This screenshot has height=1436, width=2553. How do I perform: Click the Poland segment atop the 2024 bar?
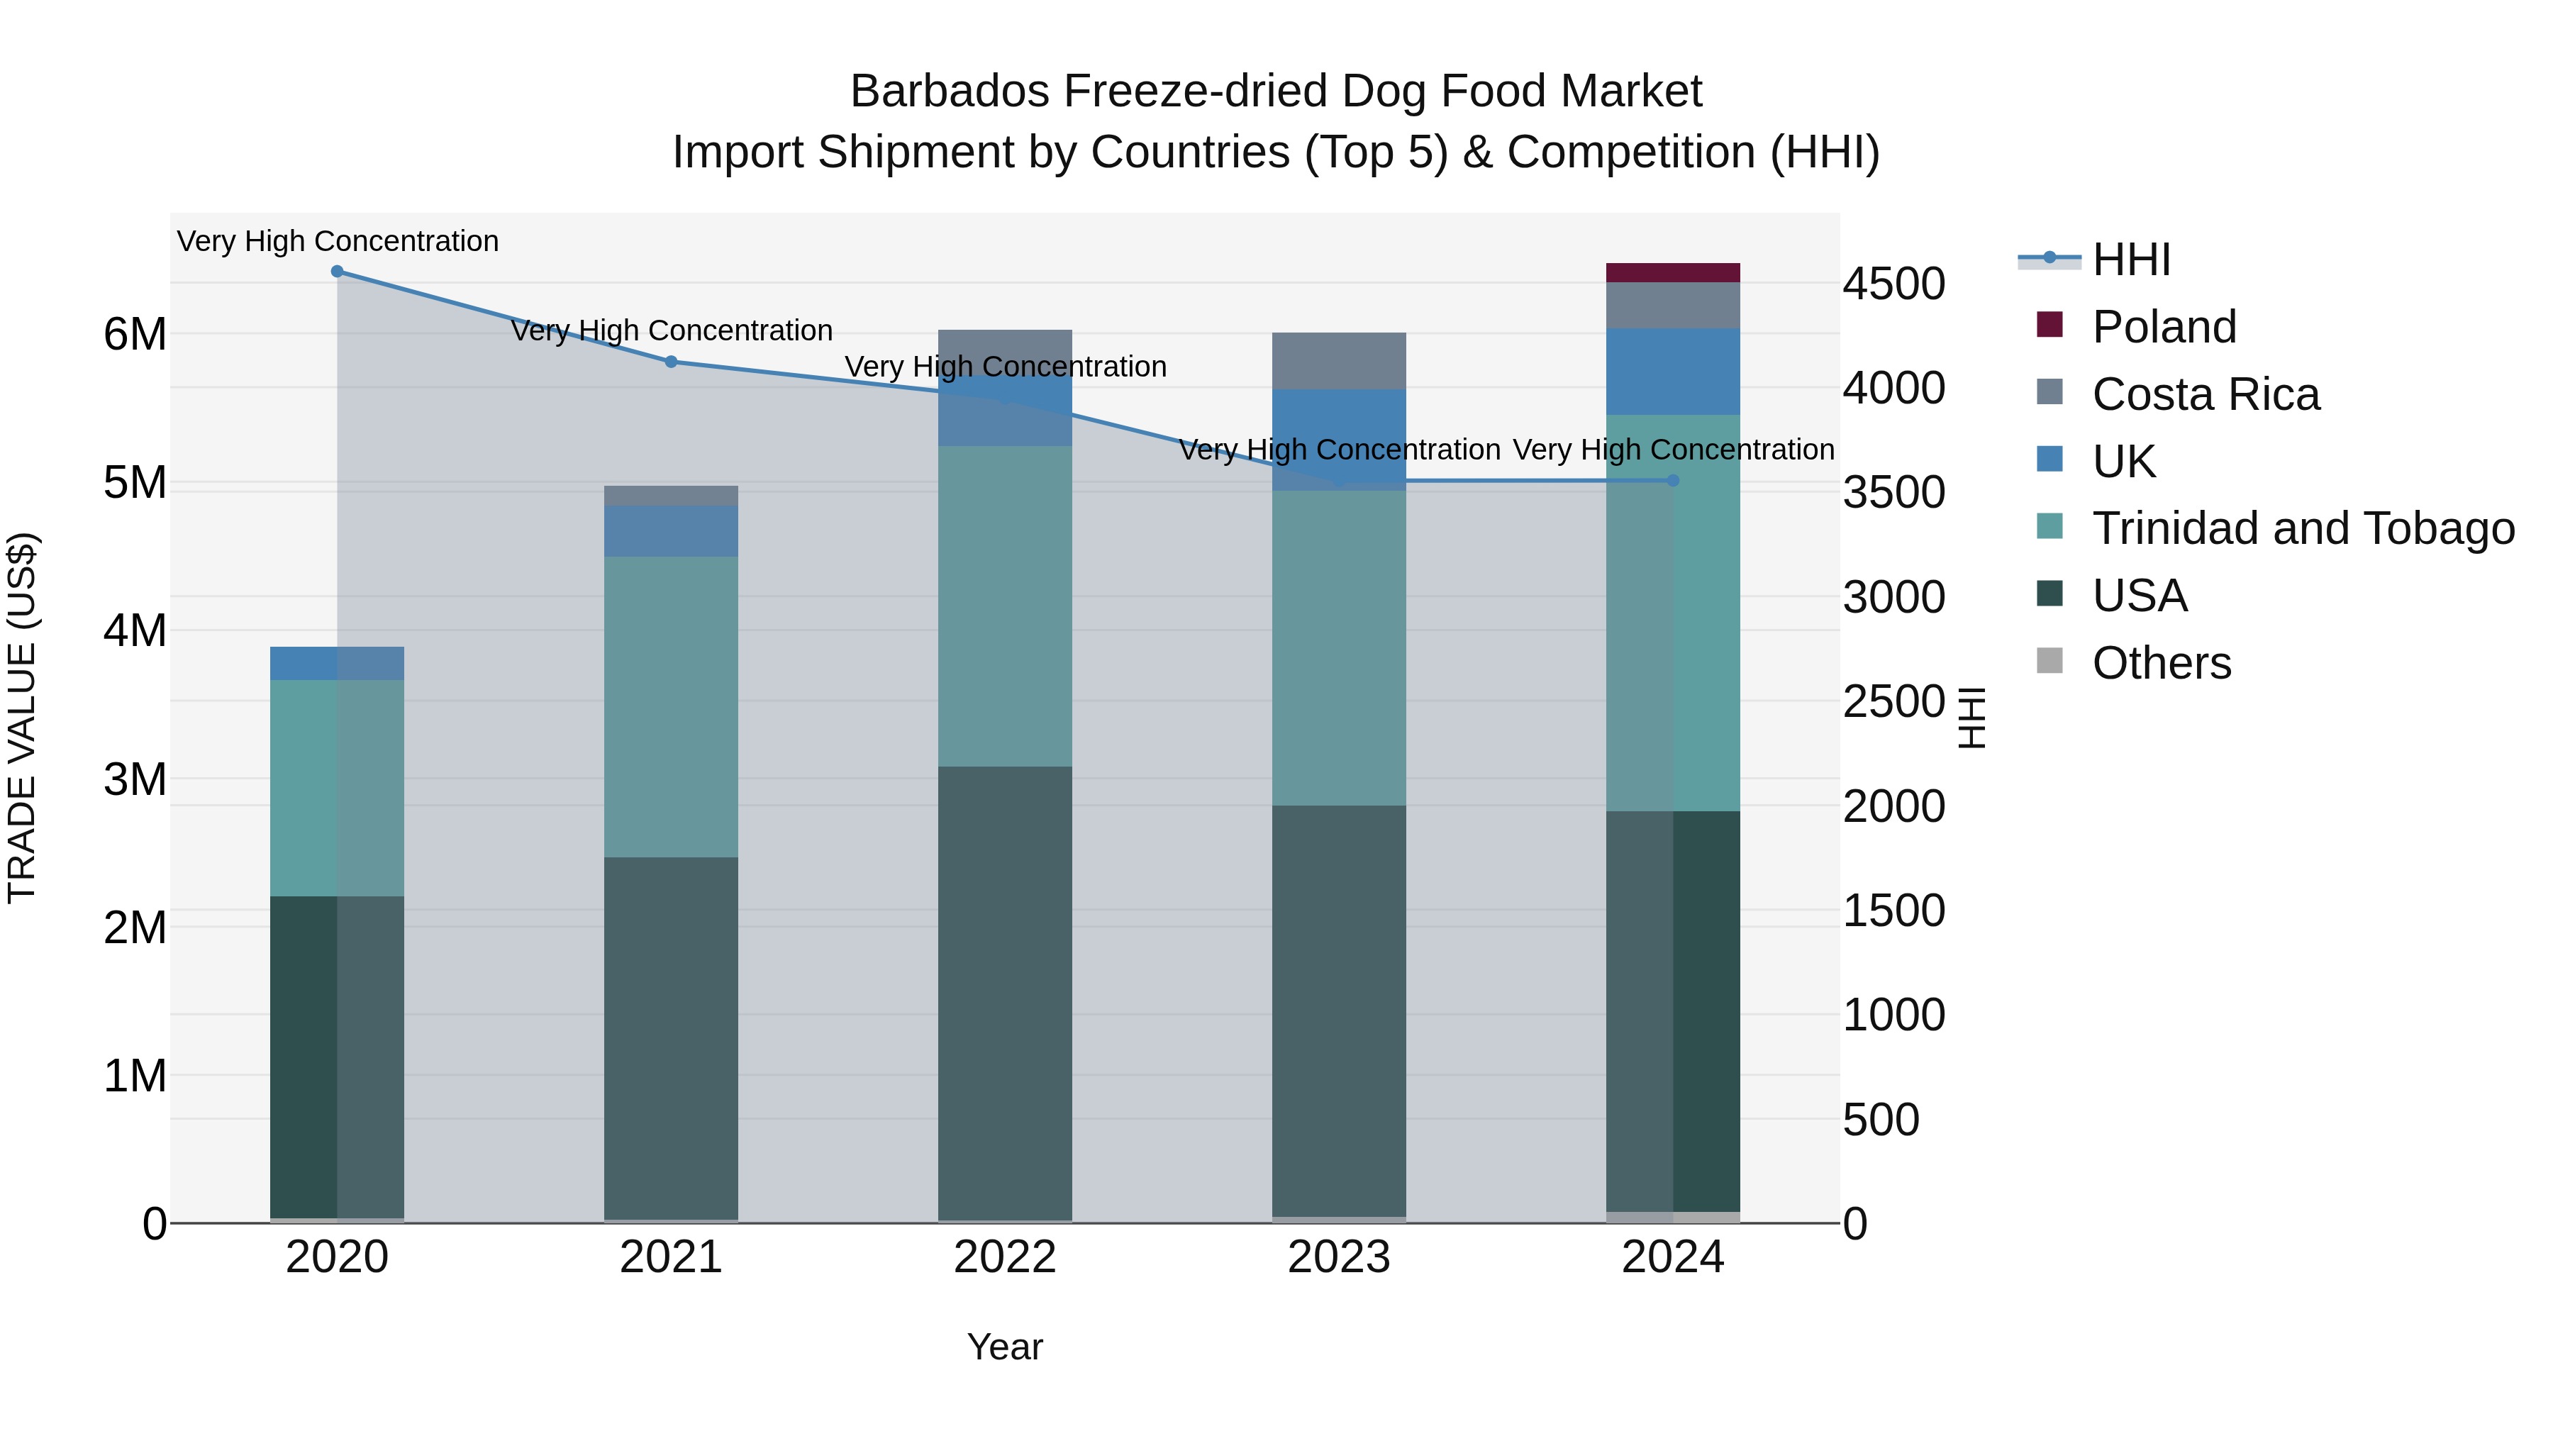point(1672,272)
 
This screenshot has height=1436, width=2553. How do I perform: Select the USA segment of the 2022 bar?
point(1004,991)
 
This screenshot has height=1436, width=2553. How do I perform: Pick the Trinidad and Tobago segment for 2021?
point(671,706)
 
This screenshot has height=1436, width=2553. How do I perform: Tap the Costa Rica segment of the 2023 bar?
point(1338,361)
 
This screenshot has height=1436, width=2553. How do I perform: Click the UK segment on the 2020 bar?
point(337,663)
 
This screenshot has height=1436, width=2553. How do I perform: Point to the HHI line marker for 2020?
point(337,272)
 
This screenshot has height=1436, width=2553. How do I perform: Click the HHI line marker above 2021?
point(671,362)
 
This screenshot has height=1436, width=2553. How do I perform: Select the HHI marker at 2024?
point(1672,481)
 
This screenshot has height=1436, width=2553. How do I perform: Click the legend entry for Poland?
point(2164,327)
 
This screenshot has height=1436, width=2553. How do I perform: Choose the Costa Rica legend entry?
point(2205,394)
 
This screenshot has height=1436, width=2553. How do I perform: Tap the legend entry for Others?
point(2161,663)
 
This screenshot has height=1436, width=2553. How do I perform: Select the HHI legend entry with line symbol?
point(2131,260)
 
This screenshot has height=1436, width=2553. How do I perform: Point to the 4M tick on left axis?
point(135,631)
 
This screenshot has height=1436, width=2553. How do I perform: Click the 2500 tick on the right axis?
point(1893,701)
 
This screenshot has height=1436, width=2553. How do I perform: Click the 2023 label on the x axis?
point(1338,1257)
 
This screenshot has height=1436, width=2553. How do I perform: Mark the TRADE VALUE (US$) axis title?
point(22,718)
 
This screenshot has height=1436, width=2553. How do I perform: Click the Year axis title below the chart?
point(1004,1347)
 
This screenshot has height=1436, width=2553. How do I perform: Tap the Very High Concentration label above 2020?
point(337,241)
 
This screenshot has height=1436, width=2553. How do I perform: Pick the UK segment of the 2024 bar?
point(1672,372)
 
